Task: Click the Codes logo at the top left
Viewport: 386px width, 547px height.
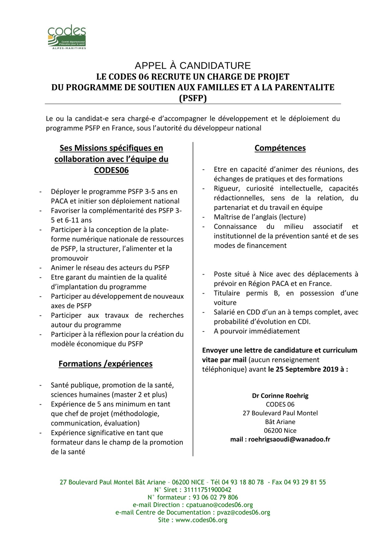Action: tap(67, 37)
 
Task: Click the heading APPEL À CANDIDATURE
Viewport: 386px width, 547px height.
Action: tap(193, 66)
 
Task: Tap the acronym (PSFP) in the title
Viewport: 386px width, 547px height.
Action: tap(193, 98)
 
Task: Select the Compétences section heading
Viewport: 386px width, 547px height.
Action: tap(280, 148)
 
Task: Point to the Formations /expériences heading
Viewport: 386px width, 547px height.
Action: tap(105, 364)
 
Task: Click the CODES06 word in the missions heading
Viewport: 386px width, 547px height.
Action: tap(111, 170)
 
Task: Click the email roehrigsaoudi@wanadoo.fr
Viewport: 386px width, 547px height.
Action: tap(289, 439)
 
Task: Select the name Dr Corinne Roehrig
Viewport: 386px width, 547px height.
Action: tap(280, 395)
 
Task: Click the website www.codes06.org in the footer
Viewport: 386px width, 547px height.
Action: tap(201, 520)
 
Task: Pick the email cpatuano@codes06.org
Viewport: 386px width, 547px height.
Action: tap(219, 505)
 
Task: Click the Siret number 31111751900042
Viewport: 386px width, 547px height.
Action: tap(207, 490)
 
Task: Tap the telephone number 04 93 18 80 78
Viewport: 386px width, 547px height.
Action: tap(243, 482)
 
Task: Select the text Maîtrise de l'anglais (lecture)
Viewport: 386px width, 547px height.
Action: tap(260, 217)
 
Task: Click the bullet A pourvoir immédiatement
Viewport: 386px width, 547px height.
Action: tap(257, 331)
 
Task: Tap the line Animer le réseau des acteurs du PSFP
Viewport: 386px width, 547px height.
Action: tap(110, 267)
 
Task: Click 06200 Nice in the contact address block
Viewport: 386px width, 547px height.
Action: tap(280, 430)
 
